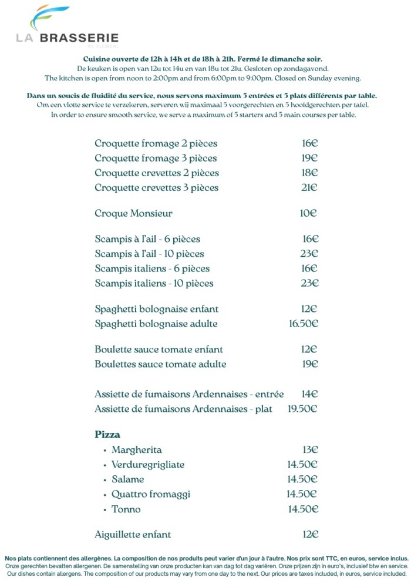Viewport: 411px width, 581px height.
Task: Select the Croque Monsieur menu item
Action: [133, 213]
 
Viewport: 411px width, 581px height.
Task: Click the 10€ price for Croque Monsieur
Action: [308, 213]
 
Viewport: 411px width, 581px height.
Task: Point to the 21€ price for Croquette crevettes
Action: [309, 188]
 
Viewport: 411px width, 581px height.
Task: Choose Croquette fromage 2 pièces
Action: [156, 143]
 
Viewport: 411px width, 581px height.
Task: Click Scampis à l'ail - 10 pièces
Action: [149, 254]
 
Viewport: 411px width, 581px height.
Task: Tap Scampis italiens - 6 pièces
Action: [152, 268]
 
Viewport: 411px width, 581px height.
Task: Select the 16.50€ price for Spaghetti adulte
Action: [303, 324]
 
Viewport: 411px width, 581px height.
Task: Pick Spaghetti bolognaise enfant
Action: [157, 309]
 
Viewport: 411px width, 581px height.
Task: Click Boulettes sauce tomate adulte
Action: [160, 364]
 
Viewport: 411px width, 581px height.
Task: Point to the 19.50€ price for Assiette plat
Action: [302, 409]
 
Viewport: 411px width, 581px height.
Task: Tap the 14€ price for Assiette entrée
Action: [309, 394]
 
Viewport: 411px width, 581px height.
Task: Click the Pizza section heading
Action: [107, 435]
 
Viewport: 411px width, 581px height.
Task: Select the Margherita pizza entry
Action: [136, 450]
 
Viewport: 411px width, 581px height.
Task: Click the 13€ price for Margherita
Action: [310, 450]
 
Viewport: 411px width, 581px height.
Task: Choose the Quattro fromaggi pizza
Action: [150, 494]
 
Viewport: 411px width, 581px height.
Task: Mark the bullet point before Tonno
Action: [105, 510]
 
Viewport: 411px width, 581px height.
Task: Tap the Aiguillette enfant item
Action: [133, 535]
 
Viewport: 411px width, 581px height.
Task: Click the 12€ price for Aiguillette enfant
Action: [310, 535]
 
